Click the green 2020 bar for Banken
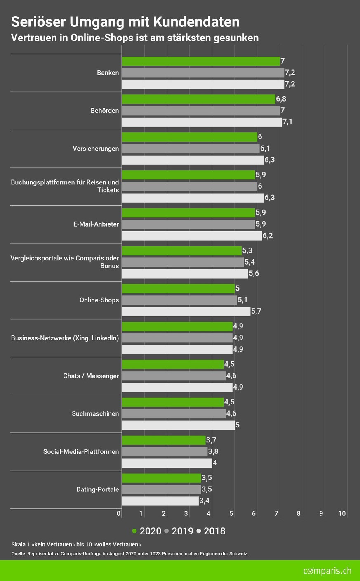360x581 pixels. [x=201, y=61]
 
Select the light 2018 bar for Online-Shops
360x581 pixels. [x=186, y=312]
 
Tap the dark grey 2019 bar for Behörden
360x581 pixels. [x=201, y=111]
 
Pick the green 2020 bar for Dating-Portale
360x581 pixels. [x=161, y=478]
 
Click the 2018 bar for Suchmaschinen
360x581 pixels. [x=178, y=425]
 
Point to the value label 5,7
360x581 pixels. [x=256, y=312]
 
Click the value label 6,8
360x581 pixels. [x=281, y=99]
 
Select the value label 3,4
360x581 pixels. [x=205, y=501]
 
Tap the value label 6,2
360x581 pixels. [x=268, y=236]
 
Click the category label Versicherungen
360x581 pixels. [x=96, y=149]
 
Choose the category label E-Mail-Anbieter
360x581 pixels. [x=96, y=224]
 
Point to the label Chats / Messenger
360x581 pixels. [x=91, y=376]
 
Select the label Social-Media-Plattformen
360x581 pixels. [x=81, y=451]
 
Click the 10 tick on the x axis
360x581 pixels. [x=342, y=514]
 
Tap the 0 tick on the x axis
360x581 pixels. [x=119, y=514]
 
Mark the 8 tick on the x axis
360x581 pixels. [x=299, y=514]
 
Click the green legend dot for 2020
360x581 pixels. [x=134, y=531]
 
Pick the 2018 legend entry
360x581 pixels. [x=211, y=531]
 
